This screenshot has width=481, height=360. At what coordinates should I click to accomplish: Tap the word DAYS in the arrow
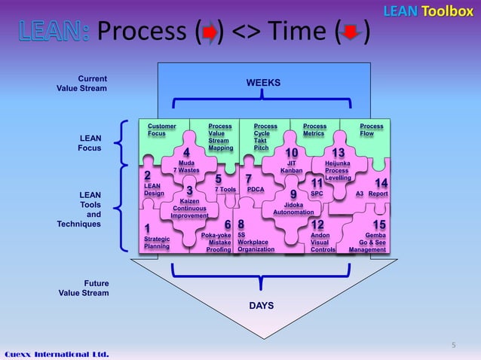point(262,306)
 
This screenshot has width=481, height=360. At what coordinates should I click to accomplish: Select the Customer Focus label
point(161,130)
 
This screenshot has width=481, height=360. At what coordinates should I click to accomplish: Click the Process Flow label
point(372,130)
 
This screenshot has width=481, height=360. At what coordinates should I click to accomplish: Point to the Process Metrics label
point(314,130)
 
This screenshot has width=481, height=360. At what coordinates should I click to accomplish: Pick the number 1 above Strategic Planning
point(147,228)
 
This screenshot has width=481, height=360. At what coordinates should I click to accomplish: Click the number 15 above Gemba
point(379,225)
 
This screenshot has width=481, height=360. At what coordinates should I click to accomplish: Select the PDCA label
point(256,190)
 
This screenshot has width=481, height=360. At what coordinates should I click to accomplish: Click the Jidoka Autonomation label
point(293,208)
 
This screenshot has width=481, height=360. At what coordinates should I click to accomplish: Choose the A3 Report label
point(372,194)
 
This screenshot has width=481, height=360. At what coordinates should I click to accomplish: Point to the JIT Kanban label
point(291,166)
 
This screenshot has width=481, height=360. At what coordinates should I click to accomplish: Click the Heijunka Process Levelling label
point(338,170)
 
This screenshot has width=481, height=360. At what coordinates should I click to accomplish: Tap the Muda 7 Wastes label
point(186,166)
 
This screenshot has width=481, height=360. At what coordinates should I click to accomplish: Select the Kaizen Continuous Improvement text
point(189,209)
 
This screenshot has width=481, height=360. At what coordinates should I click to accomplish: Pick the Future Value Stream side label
point(83,288)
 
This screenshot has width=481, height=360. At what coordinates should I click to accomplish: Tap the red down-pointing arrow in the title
point(351,33)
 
